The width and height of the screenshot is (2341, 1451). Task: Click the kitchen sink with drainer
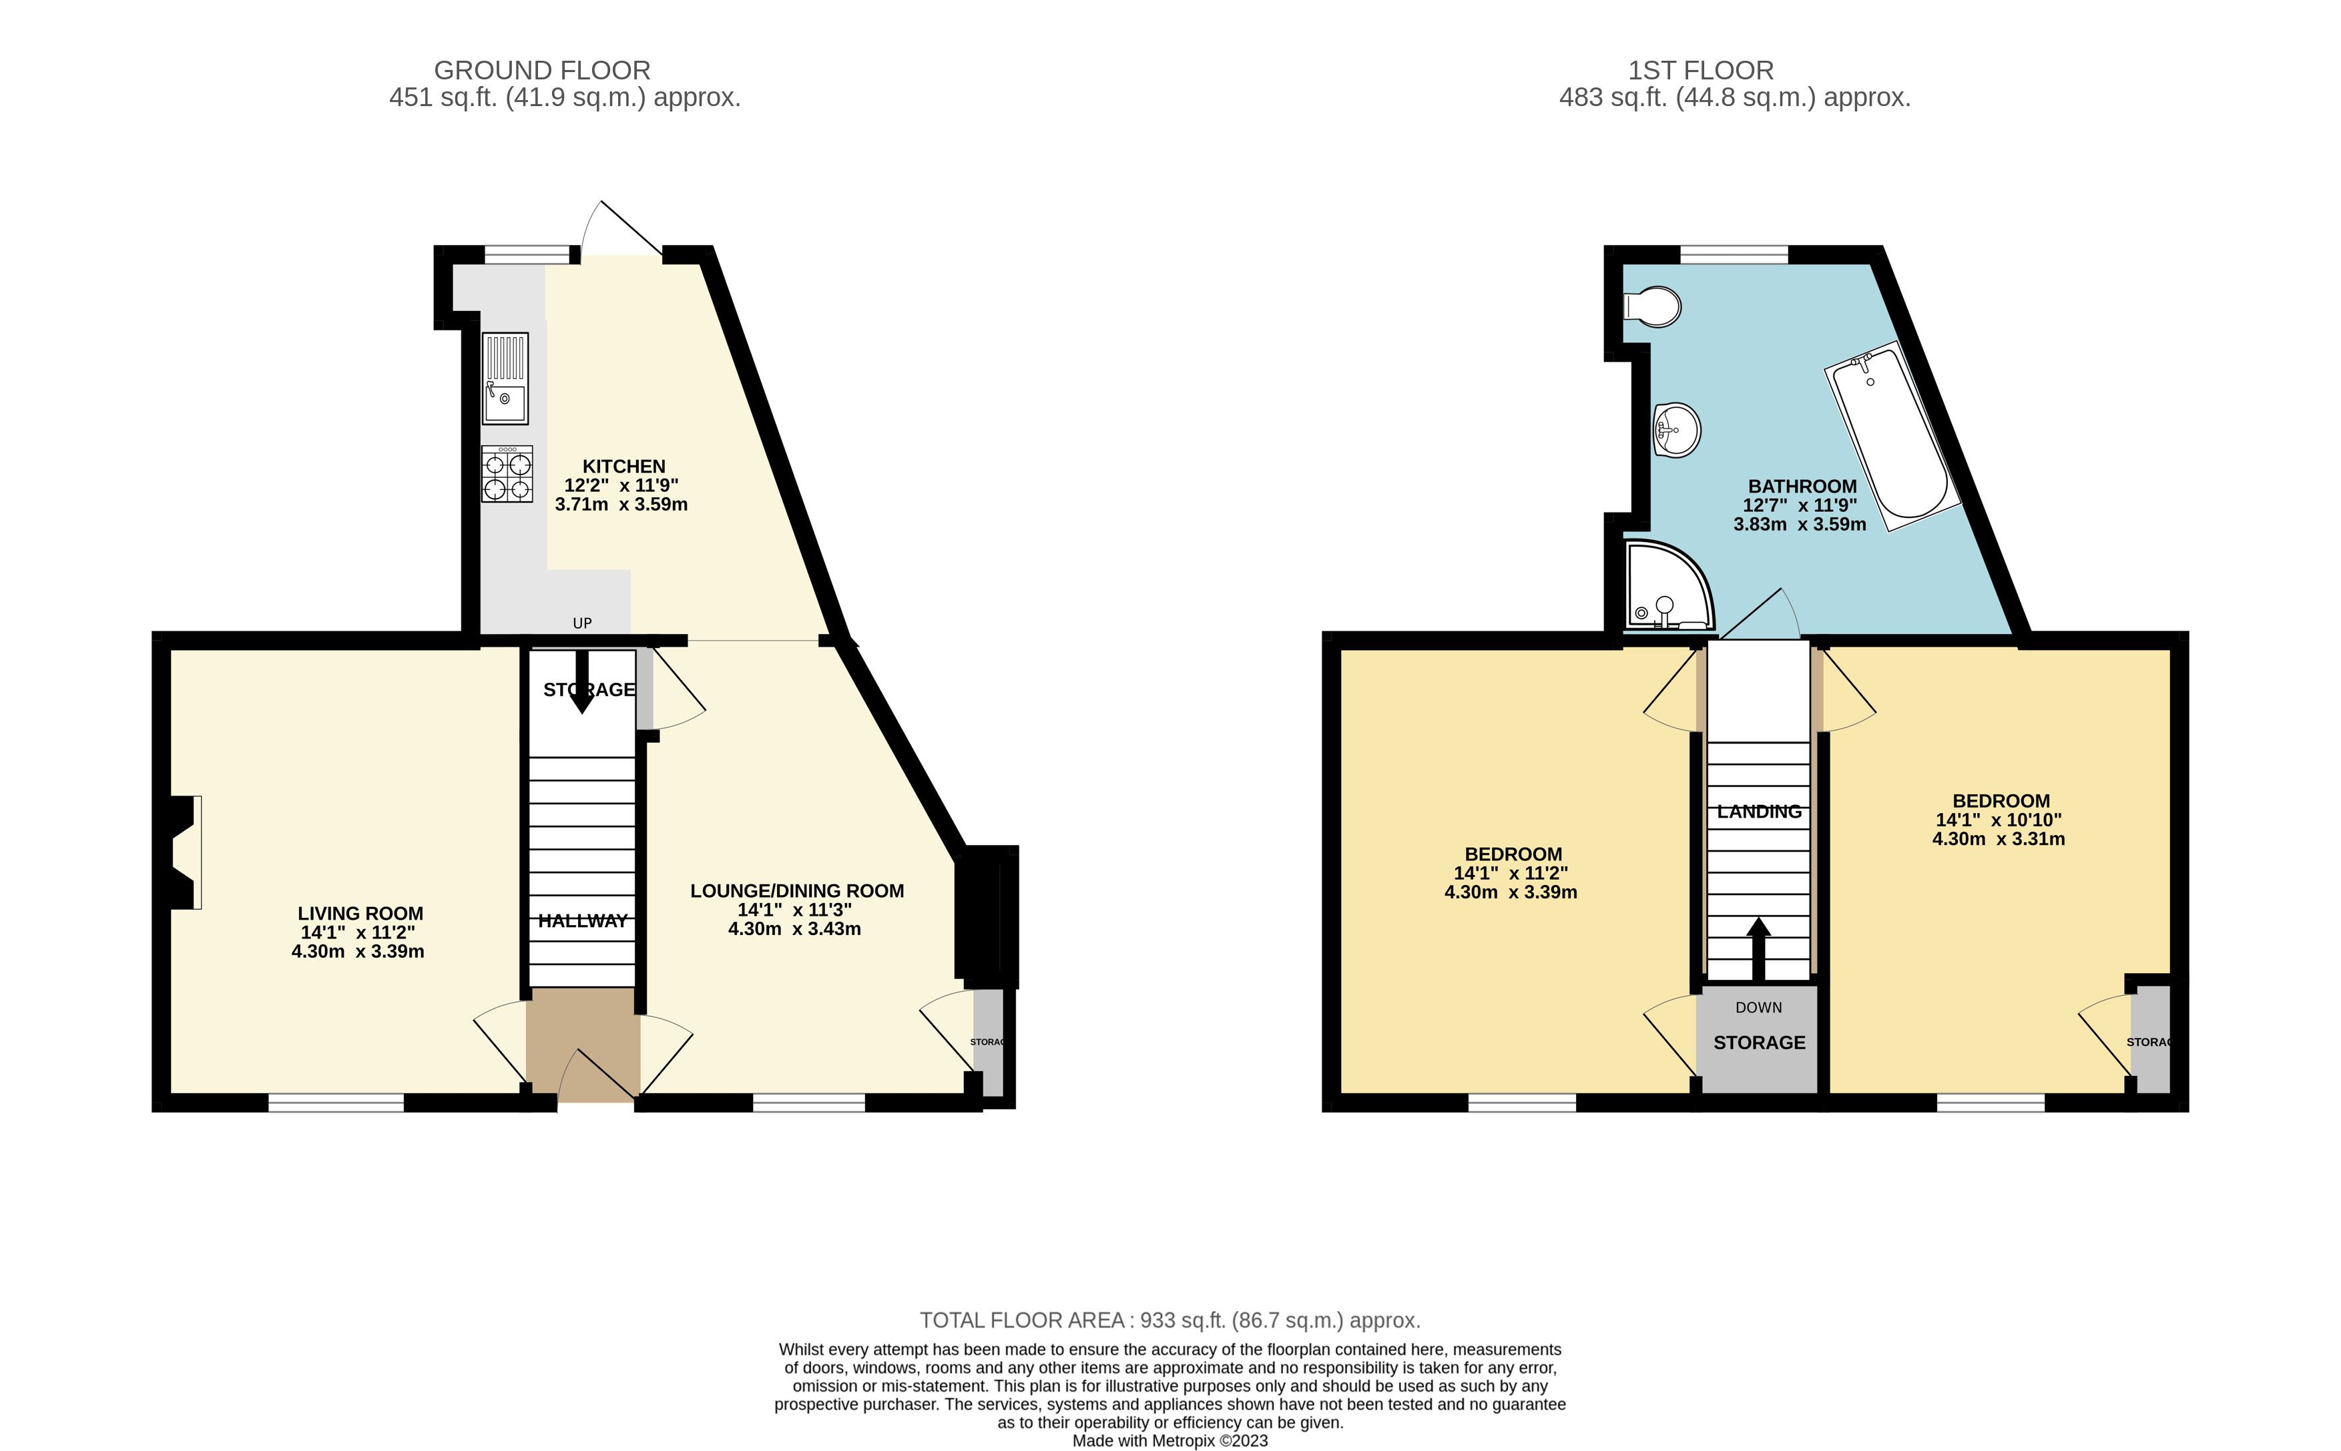(505, 378)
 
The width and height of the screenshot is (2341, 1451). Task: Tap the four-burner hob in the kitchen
(507, 474)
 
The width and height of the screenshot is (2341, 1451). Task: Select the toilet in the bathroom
(1652, 307)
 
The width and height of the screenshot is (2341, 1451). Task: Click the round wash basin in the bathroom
(1677, 429)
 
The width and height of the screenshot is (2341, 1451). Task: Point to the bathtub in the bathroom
(1891, 436)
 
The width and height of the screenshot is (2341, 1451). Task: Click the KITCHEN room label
(624, 467)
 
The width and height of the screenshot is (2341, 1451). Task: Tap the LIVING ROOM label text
(360, 914)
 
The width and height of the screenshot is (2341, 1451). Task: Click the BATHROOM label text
(1802, 487)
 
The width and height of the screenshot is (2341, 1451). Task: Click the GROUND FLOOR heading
(542, 70)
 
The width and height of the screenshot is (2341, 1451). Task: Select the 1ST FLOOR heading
(1701, 70)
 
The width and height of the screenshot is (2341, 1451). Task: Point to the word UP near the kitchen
(581, 623)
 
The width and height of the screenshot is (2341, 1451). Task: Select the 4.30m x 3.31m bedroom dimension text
(1999, 839)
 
